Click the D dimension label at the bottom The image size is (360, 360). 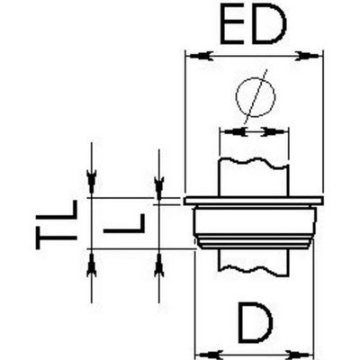coord(256,322)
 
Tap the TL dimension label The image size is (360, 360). coord(57,225)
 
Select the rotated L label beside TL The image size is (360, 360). coord(124,223)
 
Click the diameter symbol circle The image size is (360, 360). coord(256,96)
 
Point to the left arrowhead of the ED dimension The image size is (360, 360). coord(200,56)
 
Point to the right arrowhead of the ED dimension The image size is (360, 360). coord(308,56)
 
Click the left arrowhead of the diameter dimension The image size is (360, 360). coord(234,131)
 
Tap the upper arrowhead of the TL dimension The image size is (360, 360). coord(92,183)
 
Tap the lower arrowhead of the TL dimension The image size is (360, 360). coord(92,264)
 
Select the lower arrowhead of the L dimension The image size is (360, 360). coord(158,264)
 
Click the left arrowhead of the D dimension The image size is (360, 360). coord(210,354)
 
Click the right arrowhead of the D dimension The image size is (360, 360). coord(299,354)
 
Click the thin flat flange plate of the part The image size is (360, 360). coord(254,201)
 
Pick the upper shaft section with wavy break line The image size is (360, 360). coord(254,177)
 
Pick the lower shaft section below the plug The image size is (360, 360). coord(254,261)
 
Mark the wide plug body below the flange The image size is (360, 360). coord(255,221)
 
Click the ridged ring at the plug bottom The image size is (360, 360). coord(255,243)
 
